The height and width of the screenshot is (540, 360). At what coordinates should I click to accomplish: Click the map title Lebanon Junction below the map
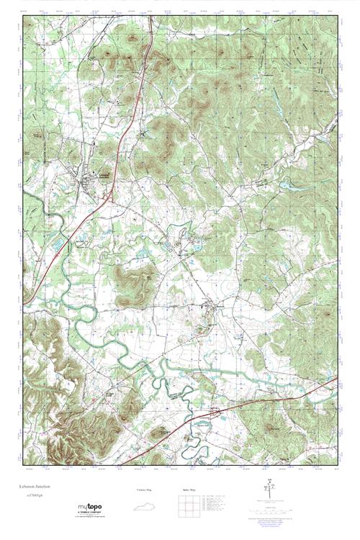44,487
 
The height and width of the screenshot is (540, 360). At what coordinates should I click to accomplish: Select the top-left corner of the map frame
24,15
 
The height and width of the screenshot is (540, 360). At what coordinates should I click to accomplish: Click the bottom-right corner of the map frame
336,470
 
